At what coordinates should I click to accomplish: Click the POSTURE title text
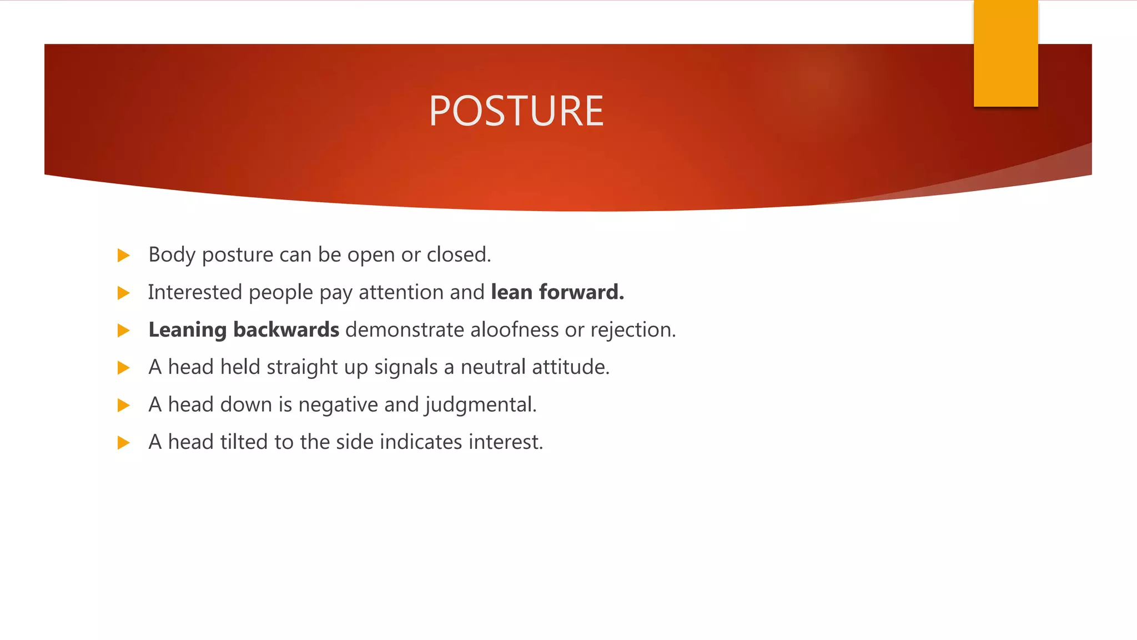516,111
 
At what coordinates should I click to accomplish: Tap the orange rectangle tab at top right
1005,53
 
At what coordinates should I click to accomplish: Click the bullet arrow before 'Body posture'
124,256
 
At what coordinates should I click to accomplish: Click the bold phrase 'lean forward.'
557,292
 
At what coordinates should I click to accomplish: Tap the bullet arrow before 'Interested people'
124,293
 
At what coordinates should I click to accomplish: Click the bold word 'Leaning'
187,330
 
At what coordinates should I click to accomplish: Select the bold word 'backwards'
286,330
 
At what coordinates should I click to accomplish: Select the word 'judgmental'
480,405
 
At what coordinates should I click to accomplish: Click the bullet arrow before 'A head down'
124,405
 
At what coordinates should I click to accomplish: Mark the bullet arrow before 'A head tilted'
124,443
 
